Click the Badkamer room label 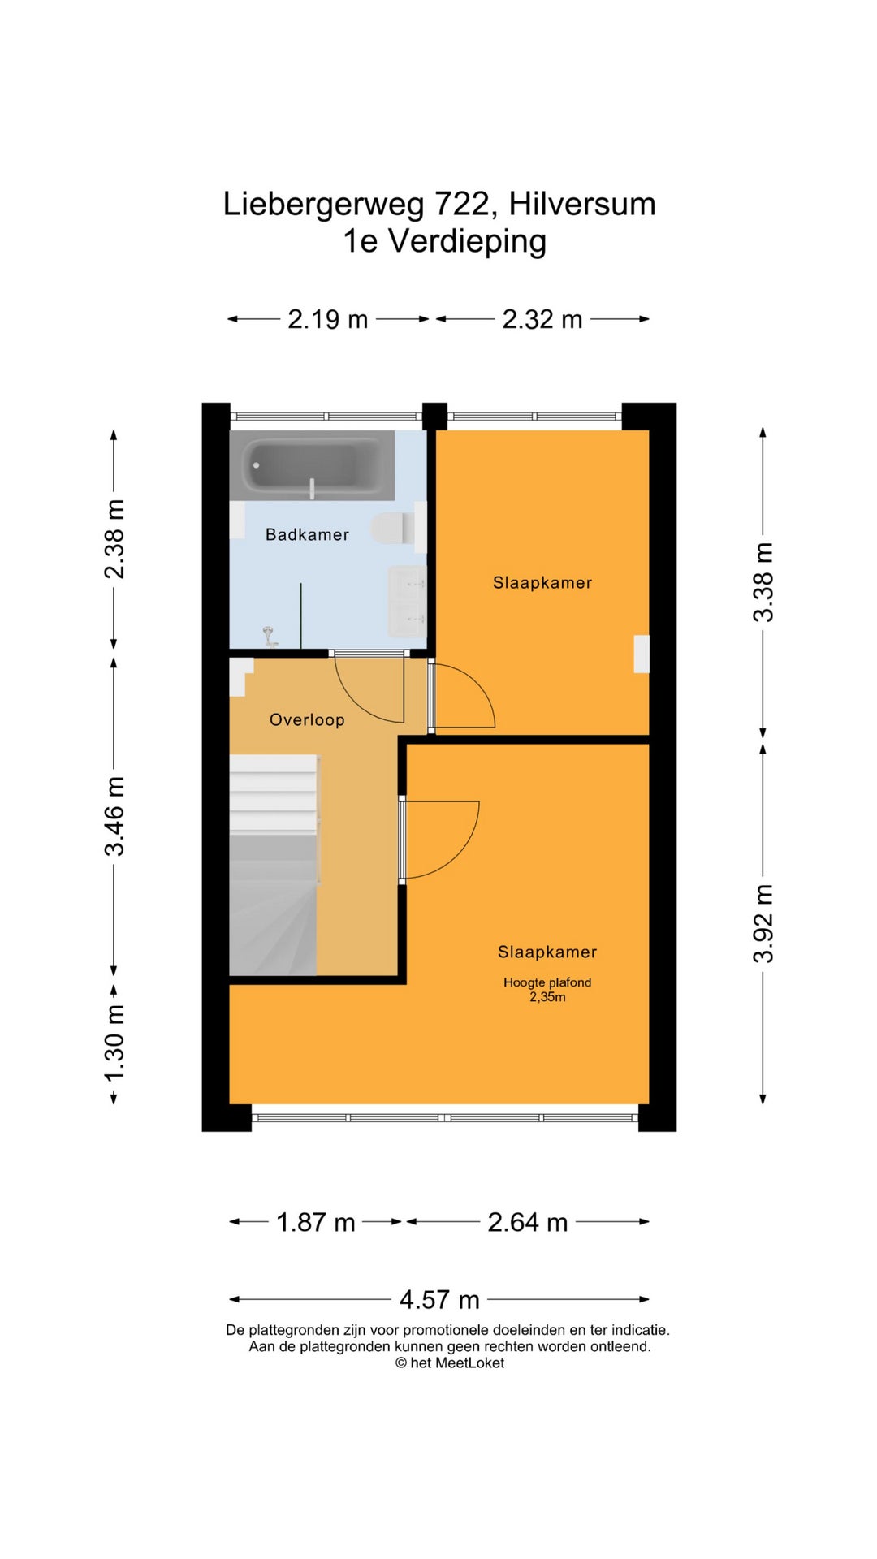click(x=307, y=534)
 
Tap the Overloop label click(x=307, y=719)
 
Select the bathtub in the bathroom click(x=312, y=465)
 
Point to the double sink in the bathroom click(x=408, y=602)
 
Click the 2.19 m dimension click(x=328, y=319)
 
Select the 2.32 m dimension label click(x=542, y=319)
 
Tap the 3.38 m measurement click(x=763, y=582)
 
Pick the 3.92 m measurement click(x=763, y=923)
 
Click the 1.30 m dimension click(x=114, y=1043)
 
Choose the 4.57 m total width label click(x=439, y=1300)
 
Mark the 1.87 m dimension click(x=316, y=1222)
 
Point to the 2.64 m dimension click(x=528, y=1222)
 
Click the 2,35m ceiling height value click(x=548, y=997)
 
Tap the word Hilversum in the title click(x=582, y=204)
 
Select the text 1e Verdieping click(x=444, y=241)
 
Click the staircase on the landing click(x=274, y=865)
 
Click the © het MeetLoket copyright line click(x=450, y=1363)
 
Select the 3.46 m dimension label click(x=114, y=816)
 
